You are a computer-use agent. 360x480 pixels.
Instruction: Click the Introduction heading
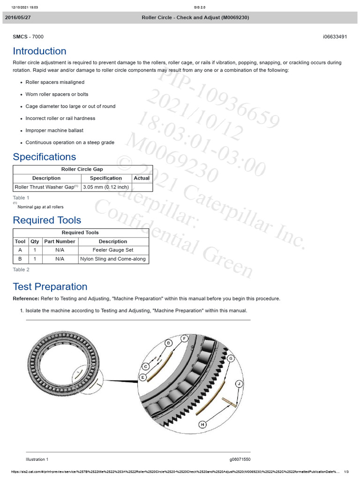[x=39, y=51]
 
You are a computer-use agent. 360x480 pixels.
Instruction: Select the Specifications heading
[x=44, y=157]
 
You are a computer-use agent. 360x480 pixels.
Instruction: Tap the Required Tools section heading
[x=47, y=220]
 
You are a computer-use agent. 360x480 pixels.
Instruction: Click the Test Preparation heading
[x=50, y=286]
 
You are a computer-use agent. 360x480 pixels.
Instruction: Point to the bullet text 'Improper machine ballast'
[x=54, y=130]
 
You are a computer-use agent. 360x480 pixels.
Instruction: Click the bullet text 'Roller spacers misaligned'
[x=55, y=82]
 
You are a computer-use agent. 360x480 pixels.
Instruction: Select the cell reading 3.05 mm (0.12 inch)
[x=105, y=187]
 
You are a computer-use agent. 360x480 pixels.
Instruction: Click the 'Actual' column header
[x=142, y=178]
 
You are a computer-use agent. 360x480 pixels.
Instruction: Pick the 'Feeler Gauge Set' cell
[x=113, y=250]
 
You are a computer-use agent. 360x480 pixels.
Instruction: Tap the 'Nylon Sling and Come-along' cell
[x=113, y=259]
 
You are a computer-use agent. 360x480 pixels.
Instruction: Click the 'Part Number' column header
[x=60, y=241]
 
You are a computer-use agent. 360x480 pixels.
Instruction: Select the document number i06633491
[x=335, y=37]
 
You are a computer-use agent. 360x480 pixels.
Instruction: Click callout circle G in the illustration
[x=231, y=358]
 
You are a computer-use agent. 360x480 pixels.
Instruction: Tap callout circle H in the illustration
[x=202, y=425]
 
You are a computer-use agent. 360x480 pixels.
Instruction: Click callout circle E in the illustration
[x=142, y=377]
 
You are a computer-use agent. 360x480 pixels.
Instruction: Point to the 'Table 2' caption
[x=21, y=270]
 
